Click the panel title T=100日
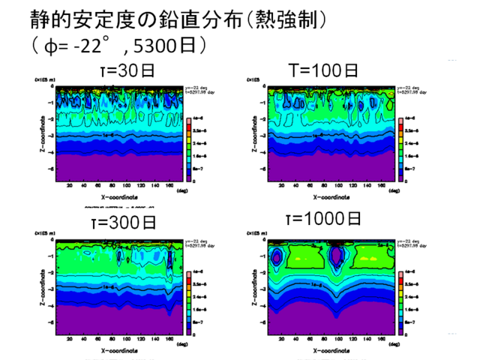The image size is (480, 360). (323, 70)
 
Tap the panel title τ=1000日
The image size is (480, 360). (323, 219)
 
